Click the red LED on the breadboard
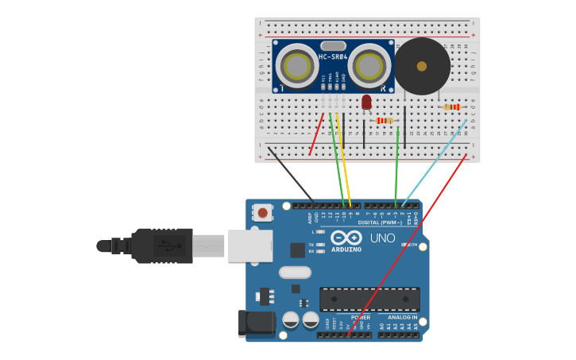point(366,102)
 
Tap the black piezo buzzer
point(422,66)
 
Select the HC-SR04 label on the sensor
point(333,57)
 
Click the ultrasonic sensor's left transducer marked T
point(297,66)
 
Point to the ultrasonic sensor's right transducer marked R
point(369,66)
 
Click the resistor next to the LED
point(385,121)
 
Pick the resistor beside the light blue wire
point(451,107)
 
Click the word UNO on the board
point(382,238)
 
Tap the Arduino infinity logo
point(346,238)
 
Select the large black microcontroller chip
point(369,299)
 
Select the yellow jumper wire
point(344,159)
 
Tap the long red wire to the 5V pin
point(405,246)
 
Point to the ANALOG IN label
point(404,318)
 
